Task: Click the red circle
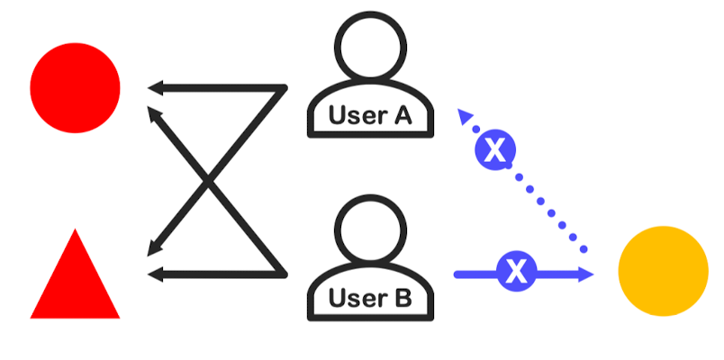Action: (x=75, y=86)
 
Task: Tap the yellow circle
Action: (x=664, y=271)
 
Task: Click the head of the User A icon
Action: (x=371, y=45)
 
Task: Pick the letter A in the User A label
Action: (x=402, y=115)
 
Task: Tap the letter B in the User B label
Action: (x=402, y=297)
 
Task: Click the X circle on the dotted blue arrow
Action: (x=494, y=150)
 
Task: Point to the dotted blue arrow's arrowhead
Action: (x=465, y=114)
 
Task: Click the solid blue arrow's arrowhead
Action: (x=586, y=272)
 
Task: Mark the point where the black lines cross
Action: (x=210, y=180)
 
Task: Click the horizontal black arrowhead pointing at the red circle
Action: (x=155, y=88)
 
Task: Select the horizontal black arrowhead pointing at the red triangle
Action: (x=155, y=273)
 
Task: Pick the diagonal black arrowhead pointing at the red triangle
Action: (x=155, y=248)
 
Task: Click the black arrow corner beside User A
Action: (x=283, y=88)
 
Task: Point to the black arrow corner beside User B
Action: (x=283, y=272)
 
